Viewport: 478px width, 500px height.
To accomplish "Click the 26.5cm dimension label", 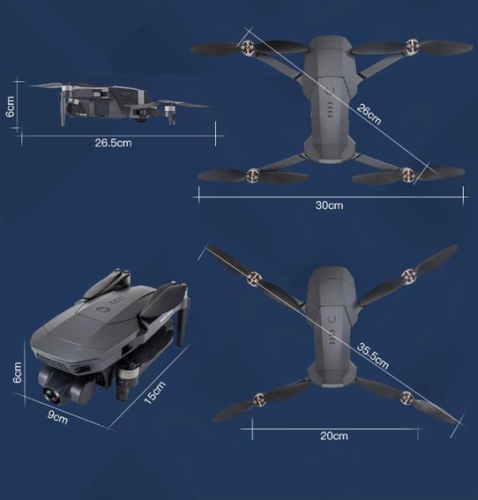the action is tap(113, 143).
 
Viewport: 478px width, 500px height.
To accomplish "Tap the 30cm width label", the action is tap(329, 205).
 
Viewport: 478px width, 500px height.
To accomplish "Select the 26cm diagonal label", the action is tap(369, 114).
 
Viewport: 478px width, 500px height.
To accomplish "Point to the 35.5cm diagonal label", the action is tap(373, 356).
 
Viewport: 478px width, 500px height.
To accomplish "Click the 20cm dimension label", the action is tap(334, 435).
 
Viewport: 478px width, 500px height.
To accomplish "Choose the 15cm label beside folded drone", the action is tap(155, 392).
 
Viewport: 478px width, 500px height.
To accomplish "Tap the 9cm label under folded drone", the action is tap(57, 417).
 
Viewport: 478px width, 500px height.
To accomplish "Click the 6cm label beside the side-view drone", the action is tap(10, 107).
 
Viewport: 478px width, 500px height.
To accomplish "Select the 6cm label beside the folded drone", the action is tap(17, 372).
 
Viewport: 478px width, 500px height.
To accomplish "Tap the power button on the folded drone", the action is tap(103, 309).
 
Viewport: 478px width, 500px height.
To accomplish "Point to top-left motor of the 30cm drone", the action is tap(247, 48).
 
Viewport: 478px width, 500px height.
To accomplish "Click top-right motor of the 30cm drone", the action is tap(411, 46).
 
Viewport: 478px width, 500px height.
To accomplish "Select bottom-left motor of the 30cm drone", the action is tap(253, 175).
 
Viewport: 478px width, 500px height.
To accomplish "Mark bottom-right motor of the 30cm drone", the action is tap(408, 175).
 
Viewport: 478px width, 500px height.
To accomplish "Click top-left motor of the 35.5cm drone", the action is tap(254, 278).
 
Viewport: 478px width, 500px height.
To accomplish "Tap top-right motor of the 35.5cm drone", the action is tap(409, 276).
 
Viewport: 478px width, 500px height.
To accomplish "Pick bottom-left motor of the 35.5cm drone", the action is tap(259, 400).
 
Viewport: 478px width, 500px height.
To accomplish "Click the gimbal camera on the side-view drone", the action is tap(74, 107).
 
